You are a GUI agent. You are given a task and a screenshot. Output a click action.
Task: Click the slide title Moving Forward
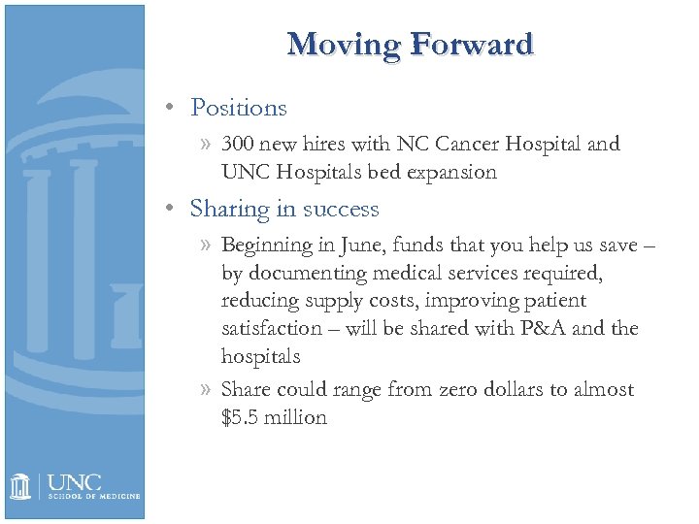pos(411,45)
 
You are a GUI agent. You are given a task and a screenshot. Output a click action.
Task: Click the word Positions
pos(239,108)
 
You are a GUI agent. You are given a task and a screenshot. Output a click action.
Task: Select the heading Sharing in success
pos(284,209)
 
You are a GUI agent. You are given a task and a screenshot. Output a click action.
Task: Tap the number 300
pos(239,145)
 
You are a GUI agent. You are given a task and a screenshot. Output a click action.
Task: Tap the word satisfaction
pos(272,329)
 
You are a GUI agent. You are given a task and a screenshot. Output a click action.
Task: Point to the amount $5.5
pos(243,418)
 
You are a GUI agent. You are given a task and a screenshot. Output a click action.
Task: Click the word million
pos(298,418)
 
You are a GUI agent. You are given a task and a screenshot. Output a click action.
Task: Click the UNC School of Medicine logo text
pos(93,486)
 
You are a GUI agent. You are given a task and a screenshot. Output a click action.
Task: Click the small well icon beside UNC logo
pos(22,486)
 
